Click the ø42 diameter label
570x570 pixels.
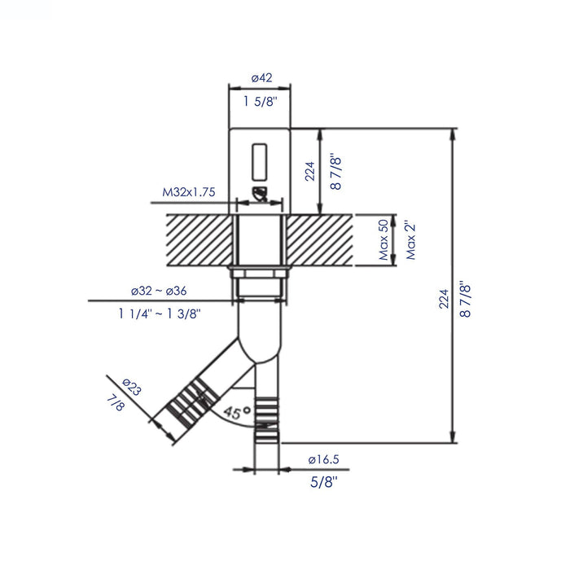[261, 78]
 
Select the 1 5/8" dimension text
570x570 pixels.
[261, 102]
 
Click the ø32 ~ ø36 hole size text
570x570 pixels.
[159, 291]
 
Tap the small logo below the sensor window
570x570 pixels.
[260, 193]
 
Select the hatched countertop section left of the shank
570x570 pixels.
[199, 239]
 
